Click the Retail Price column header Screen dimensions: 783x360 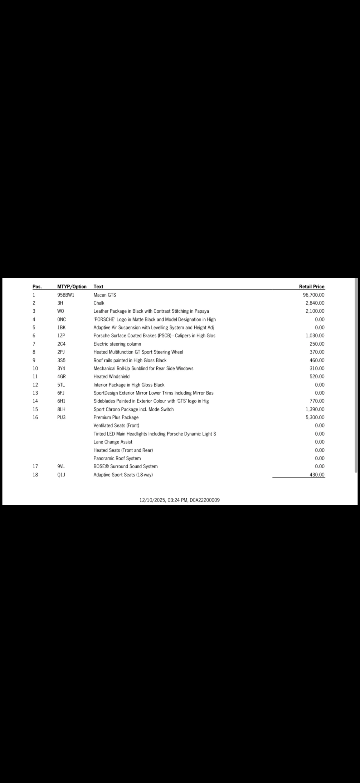311,287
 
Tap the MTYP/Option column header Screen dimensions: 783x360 72,287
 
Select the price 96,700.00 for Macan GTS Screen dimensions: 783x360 314,295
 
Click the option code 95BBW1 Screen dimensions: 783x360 66,295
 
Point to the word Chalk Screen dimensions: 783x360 99,303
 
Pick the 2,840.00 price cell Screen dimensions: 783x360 315,303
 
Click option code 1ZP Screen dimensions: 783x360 61,335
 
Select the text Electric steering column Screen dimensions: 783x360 117,344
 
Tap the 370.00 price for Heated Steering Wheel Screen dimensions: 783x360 317,352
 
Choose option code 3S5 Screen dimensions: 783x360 61,360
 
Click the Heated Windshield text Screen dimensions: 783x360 111,377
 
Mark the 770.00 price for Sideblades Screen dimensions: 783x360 317,401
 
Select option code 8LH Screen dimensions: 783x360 61,410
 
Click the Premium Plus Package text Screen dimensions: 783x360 116,417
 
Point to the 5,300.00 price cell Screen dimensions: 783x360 315,417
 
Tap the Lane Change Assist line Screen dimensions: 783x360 113,442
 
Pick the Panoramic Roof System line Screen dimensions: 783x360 117,458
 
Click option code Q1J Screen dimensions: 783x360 61,475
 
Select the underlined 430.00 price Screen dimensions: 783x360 317,475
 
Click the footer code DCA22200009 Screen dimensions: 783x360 204,500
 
